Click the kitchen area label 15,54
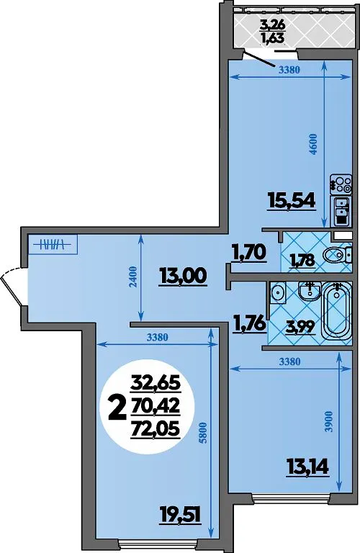[292, 202]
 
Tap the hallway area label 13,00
[183, 276]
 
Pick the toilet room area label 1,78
[302, 261]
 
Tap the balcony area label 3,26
[272, 25]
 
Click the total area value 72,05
[155, 429]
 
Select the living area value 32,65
[155, 382]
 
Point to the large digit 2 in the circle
[117, 408]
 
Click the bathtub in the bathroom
[338, 311]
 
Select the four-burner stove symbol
[341, 184]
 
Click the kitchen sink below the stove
[341, 210]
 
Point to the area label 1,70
[248, 253]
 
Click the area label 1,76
[248, 323]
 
